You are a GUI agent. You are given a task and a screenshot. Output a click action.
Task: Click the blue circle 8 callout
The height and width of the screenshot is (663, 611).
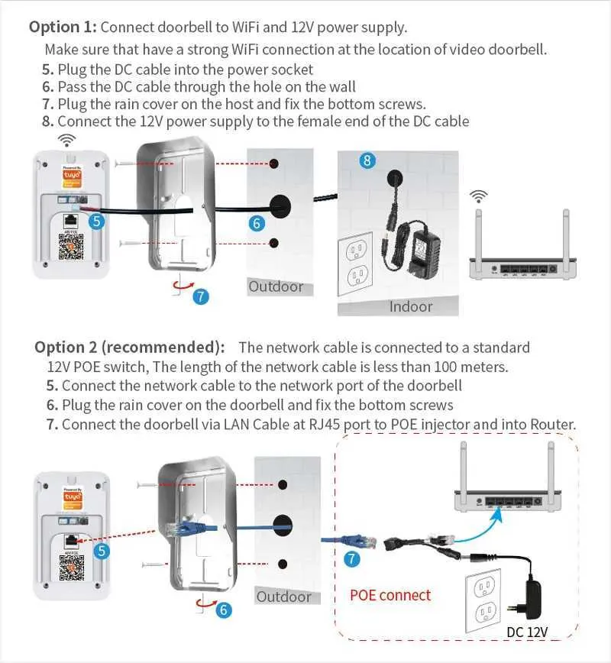point(368,160)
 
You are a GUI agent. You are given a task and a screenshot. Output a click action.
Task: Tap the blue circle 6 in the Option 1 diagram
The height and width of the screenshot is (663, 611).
point(257,223)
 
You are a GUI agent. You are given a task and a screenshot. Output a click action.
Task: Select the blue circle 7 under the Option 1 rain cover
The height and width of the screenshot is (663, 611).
point(201,296)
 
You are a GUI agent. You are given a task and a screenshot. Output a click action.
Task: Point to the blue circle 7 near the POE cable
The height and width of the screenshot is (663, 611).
point(352,559)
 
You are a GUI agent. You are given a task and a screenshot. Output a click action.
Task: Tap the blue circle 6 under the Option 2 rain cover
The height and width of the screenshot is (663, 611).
point(224,610)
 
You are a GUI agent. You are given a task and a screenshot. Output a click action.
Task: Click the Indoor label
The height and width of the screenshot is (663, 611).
point(411,306)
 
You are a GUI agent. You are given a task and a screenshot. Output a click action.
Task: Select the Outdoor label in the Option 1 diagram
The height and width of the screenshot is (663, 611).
point(276,287)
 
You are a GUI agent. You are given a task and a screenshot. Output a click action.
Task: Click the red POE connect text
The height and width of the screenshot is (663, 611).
point(390,595)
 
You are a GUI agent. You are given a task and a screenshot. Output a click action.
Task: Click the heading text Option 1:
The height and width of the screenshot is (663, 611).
point(63,27)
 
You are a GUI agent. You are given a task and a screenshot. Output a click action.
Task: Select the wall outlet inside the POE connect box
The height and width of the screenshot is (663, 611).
point(483,598)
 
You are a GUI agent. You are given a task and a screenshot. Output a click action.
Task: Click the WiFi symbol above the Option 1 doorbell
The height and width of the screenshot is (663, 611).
point(68,140)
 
